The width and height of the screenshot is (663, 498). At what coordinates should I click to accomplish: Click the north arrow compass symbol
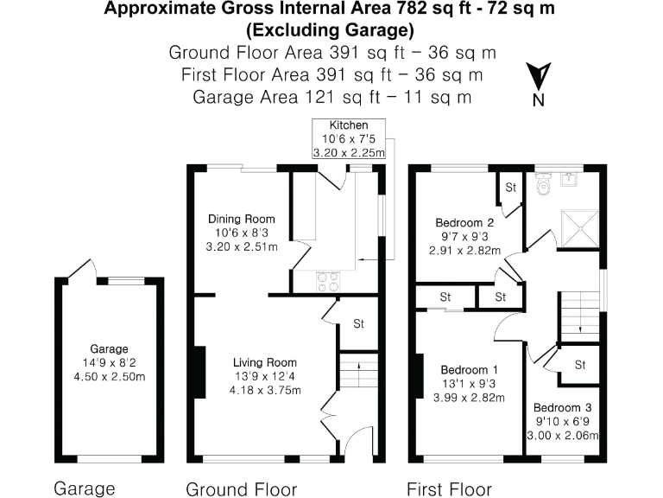click(540, 79)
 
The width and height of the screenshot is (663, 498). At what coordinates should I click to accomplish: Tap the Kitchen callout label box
click(348, 139)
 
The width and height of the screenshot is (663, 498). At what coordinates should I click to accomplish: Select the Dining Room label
click(242, 233)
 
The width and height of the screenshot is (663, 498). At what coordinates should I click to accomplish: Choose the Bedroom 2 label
click(465, 236)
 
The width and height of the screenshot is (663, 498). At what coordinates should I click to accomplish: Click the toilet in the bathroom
click(543, 184)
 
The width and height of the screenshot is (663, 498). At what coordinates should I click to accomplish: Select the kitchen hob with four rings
click(329, 280)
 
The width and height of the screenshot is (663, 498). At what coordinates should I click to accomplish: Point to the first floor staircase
click(579, 313)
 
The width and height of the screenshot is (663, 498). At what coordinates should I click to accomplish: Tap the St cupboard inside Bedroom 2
click(510, 187)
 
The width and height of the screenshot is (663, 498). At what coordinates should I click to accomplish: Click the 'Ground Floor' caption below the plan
click(241, 488)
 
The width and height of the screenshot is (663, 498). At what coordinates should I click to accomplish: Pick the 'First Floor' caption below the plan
click(448, 488)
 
